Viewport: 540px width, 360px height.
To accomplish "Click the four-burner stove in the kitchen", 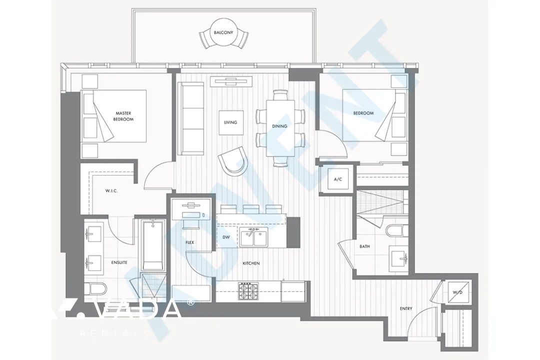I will click(247, 290).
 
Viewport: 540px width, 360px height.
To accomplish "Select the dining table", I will click(279, 126).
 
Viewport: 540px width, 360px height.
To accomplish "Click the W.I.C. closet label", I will click(111, 190).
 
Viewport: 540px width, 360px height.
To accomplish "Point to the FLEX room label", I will click(189, 242).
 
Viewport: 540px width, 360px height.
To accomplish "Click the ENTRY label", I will click(406, 308).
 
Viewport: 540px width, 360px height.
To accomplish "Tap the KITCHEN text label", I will click(251, 263).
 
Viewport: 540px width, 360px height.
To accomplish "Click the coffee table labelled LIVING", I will click(230, 122).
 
